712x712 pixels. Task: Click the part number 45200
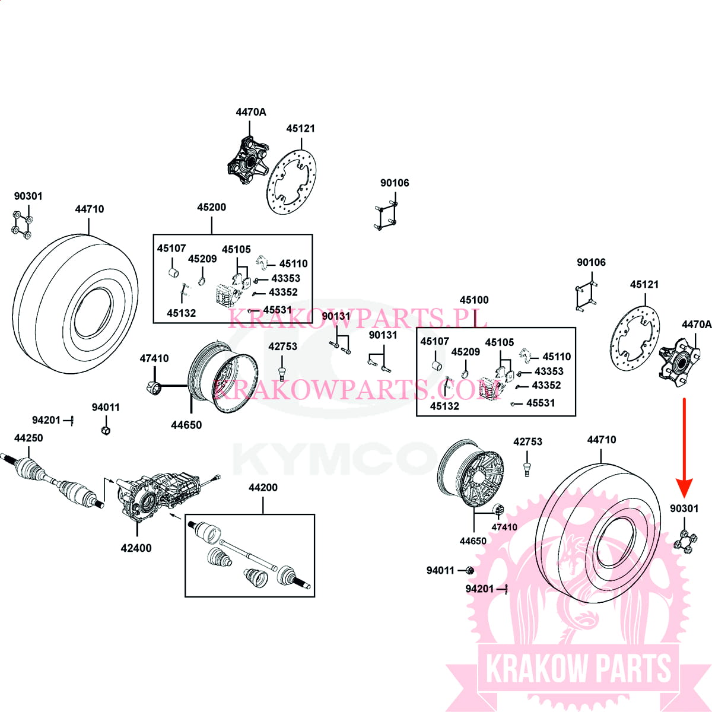[x=211, y=207]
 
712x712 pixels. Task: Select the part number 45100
[x=474, y=300]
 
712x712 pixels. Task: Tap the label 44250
[x=28, y=438]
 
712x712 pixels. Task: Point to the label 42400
[x=136, y=548]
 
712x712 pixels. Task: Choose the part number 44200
[x=263, y=488]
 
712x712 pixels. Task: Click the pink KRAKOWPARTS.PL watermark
[x=357, y=319]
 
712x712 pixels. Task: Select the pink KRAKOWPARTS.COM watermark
[x=356, y=390]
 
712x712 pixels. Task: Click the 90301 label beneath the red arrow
[x=684, y=508]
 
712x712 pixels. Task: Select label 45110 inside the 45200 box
[x=293, y=264]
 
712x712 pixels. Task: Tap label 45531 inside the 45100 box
[x=540, y=403]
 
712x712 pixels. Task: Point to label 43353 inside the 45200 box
[x=285, y=278]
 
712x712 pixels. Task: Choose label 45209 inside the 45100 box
[x=465, y=352]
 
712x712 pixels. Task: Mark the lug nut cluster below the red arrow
[x=685, y=541]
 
